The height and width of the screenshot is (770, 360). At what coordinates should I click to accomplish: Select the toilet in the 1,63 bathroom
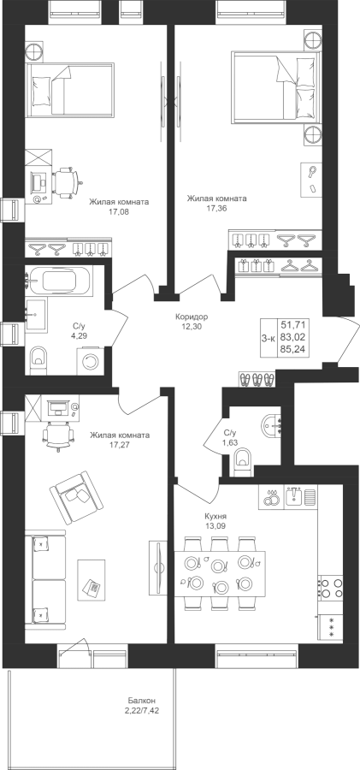243,462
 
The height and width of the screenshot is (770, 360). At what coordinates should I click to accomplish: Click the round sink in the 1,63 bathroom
272,425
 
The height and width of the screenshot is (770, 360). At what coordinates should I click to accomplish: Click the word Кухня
215,517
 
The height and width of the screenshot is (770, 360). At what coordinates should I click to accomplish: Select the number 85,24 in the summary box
292,350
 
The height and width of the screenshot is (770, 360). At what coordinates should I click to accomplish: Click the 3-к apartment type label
269,338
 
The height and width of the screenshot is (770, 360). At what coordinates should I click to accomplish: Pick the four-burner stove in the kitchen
331,588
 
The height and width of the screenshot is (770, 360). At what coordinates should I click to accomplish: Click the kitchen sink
295,496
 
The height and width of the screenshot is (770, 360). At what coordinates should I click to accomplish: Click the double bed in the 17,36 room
276,86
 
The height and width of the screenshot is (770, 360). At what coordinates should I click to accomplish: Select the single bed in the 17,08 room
70,90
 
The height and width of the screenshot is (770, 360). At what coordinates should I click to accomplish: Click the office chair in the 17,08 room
67,182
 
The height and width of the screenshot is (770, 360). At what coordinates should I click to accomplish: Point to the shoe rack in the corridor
257,379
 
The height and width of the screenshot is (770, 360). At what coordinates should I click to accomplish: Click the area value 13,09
215,526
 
